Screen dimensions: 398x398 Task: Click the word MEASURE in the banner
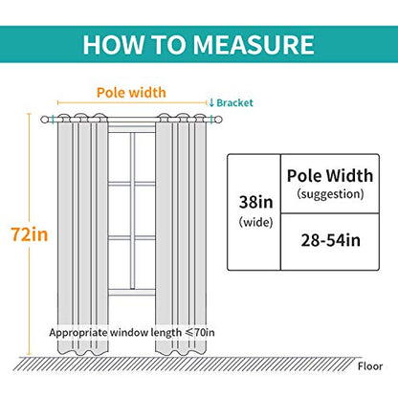click(254, 45)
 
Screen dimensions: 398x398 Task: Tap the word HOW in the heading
click(113, 45)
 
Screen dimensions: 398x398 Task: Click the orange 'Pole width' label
click(131, 93)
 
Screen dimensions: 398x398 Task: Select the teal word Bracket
click(234, 102)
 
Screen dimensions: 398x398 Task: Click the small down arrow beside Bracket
click(211, 102)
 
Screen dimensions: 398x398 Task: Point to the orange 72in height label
click(30, 234)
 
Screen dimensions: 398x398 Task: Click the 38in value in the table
click(256, 202)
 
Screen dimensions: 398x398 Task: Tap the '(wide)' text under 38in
click(256, 222)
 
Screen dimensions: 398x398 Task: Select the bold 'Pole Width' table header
click(330, 175)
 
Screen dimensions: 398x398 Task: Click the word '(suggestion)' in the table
click(330, 194)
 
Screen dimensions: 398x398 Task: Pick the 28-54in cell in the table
click(331, 240)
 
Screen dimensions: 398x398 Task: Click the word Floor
click(370, 366)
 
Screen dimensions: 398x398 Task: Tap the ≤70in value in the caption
click(200, 333)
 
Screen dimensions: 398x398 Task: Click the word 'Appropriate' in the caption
click(78, 333)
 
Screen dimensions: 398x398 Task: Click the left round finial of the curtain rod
click(44, 120)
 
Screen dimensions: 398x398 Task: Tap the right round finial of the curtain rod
click(217, 120)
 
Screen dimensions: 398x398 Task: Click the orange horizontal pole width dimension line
click(132, 102)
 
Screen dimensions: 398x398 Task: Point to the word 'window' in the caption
click(129, 333)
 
